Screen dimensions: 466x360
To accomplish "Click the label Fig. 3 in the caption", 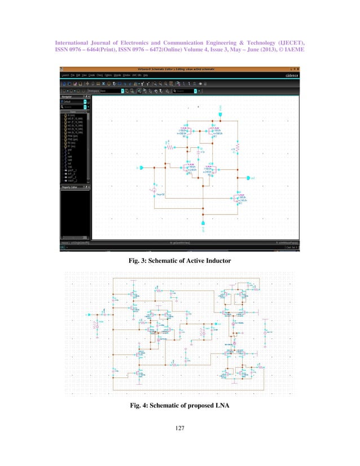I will point(139,261).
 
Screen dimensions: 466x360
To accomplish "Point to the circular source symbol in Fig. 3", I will point(153,192).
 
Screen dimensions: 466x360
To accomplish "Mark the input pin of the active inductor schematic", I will point(142,168).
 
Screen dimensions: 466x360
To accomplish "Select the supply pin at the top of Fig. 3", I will point(221,115).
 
